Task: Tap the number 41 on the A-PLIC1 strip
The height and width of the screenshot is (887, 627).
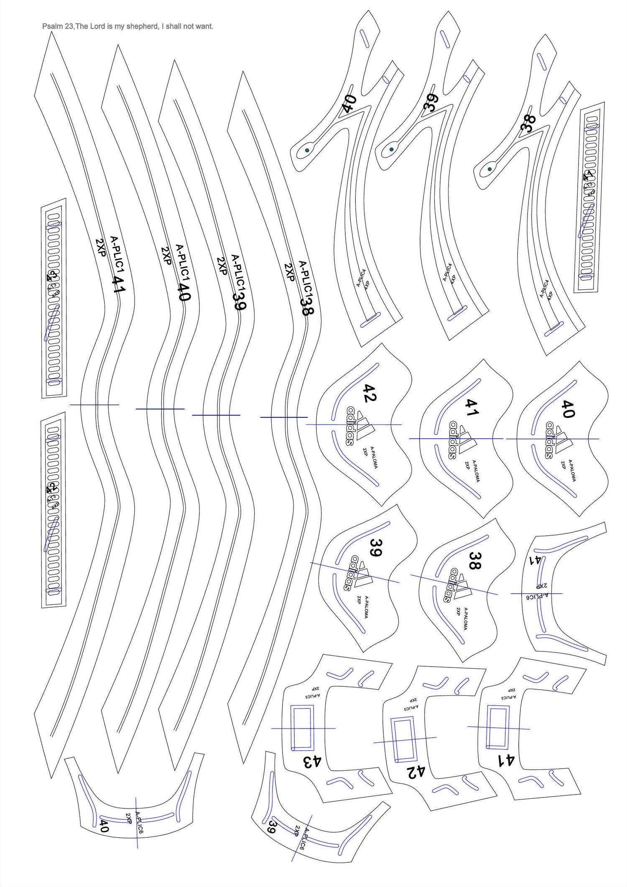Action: [x=119, y=284]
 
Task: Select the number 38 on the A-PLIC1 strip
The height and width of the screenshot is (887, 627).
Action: [x=307, y=306]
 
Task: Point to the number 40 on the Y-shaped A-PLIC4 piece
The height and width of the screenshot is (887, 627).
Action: [x=349, y=103]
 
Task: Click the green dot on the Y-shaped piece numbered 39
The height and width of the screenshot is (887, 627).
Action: [x=392, y=149]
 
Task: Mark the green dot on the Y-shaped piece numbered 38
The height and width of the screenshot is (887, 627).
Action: [x=490, y=169]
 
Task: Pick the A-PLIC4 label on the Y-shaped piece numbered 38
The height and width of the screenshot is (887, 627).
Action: [x=544, y=289]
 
